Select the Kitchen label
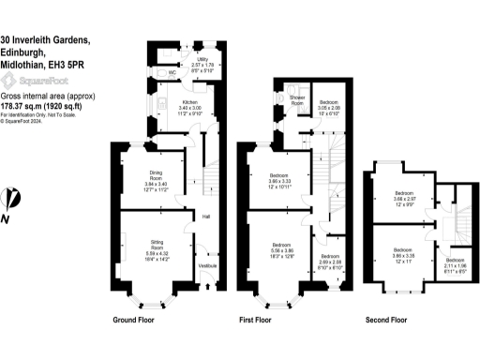point(187,101)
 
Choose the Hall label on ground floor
point(205,217)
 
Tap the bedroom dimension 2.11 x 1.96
point(454,266)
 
